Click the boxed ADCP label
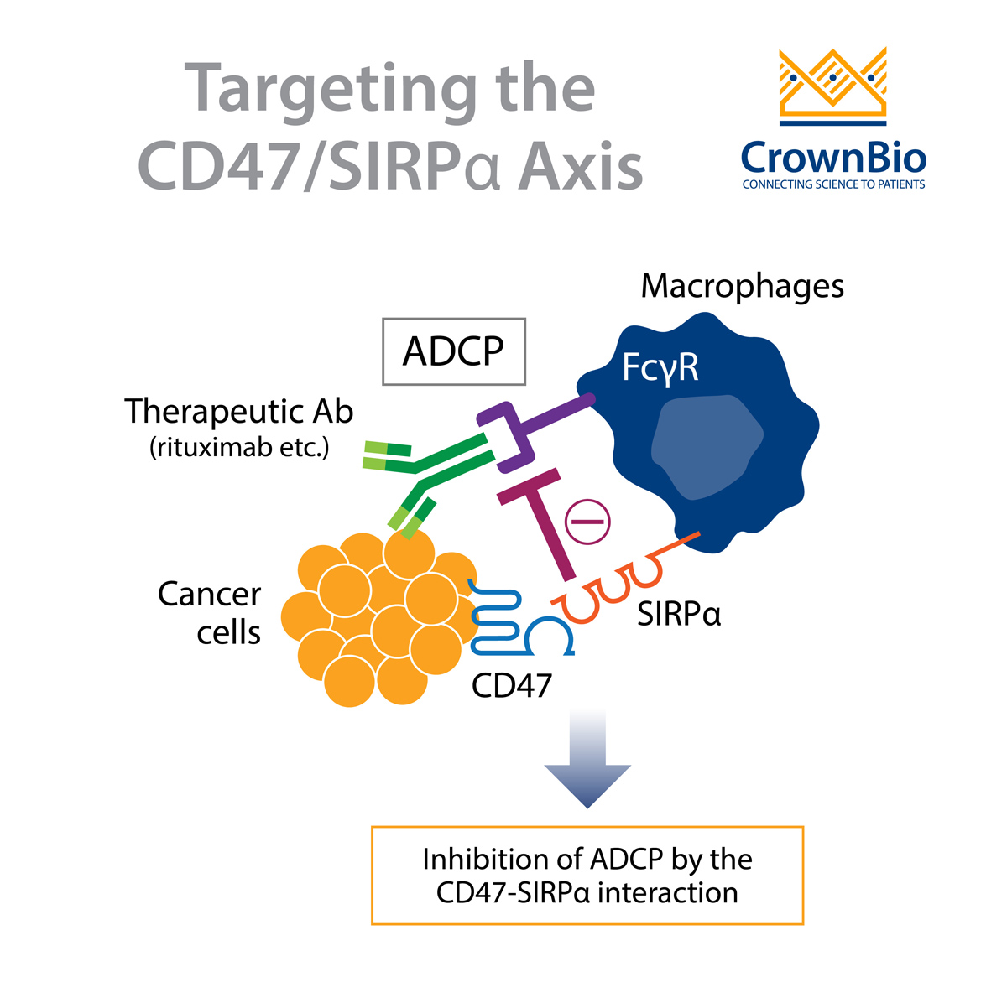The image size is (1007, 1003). click(x=453, y=351)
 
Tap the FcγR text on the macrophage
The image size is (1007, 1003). click(x=660, y=367)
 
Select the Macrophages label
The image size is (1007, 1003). click(x=742, y=287)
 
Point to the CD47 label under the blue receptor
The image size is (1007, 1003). click(x=511, y=686)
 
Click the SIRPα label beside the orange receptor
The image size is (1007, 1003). click(x=679, y=615)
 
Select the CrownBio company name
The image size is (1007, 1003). click(x=833, y=158)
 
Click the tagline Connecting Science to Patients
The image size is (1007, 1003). click(x=833, y=184)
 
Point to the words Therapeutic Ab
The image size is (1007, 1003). click(x=239, y=412)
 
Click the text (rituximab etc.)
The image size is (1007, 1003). click(x=239, y=448)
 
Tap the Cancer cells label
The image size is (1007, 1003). click(x=210, y=613)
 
